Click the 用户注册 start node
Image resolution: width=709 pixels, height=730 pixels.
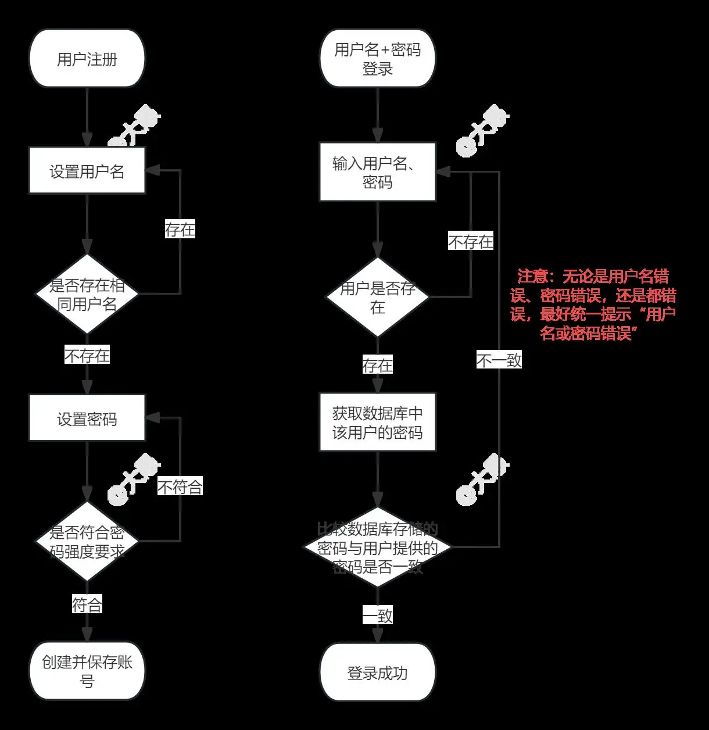[87, 59]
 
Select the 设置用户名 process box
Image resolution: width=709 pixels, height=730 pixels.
[87, 171]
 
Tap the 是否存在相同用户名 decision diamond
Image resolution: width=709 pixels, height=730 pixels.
[87, 294]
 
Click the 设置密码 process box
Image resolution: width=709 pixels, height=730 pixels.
[87, 418]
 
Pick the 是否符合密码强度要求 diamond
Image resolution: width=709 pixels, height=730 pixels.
[87, 542]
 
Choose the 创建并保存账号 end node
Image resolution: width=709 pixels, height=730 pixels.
[87, 671]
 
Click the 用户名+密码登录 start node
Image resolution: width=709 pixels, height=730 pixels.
[378, 59]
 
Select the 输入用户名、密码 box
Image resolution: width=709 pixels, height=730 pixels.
[378, 173]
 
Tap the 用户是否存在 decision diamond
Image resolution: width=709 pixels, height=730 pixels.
[378, 297]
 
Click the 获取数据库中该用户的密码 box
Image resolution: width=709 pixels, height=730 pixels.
[378, 423]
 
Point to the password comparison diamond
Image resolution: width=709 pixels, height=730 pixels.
[378, 547]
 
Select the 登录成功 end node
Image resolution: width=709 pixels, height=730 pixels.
[378, 673]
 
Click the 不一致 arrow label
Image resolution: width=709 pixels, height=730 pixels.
[499, 360]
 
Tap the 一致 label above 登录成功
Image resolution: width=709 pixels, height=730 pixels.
[378, 616]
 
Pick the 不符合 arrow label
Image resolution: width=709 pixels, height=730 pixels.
[180, 486]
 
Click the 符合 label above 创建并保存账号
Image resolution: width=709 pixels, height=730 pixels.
[87, 605]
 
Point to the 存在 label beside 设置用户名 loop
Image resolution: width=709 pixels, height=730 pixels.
[180, 230]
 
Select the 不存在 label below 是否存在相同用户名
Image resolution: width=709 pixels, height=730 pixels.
[87, 355]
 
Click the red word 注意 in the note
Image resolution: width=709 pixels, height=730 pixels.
[532, 276]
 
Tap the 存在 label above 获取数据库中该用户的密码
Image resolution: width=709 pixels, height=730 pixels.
[378, 365]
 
